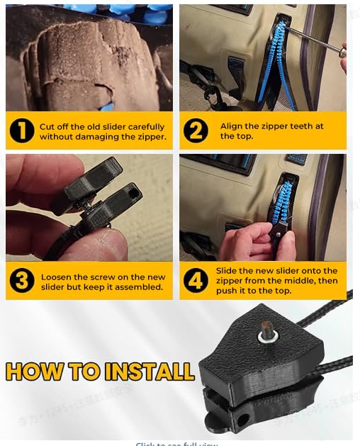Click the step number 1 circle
(22, 131)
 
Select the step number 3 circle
(22, 281)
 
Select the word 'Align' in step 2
(231, 126)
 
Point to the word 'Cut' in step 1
(47, 126)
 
